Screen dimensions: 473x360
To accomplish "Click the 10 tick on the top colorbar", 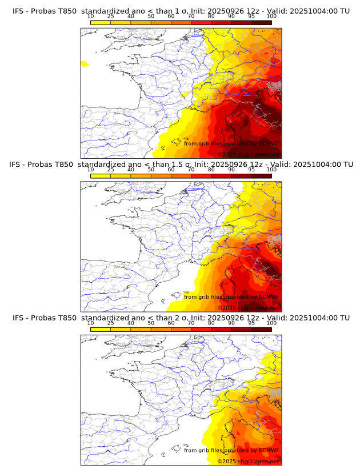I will (x=91, y=17).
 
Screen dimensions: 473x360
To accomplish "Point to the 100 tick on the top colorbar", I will (x=271, y=17).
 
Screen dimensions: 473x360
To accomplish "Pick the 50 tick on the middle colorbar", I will (x=151, y=170).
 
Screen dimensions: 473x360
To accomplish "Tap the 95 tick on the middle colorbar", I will (x=251, y=170).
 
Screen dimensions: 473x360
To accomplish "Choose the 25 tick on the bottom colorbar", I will (x=111, y=323).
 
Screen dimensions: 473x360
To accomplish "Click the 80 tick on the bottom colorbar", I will (x=211, y=323).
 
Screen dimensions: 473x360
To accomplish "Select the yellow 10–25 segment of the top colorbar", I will (x=101, y=22).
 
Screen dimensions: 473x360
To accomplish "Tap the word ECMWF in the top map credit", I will (x=269, y=143).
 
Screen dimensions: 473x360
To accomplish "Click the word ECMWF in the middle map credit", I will (x=269, y=297).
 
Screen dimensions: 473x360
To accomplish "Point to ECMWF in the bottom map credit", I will (x=269, y=451).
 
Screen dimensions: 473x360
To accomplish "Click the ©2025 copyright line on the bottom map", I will (x=248, y=461).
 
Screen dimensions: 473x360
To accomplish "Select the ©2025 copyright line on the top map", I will (x=248, y=154).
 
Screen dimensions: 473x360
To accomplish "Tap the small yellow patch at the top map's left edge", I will (x=85, y=64).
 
